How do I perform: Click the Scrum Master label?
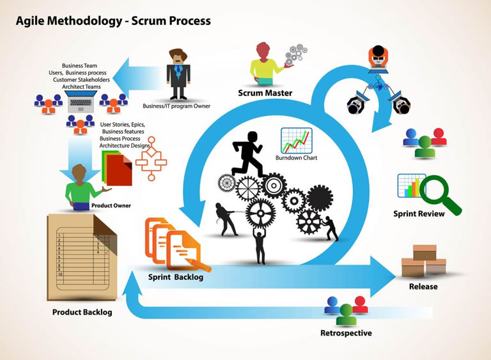click(x=265, y=93)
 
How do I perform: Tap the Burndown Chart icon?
click(x=296, y=140)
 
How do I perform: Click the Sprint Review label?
click(x=419, y=214)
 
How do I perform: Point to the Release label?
click(x=423, y=286)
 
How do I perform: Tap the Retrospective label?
click(x=346, y=333)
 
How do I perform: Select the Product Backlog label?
click(x=82, y=312)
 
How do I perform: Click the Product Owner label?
click(x=111, y=205)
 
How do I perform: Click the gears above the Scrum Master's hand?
click(x=295, y=54)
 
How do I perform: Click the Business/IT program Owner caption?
click(x=176, y=106)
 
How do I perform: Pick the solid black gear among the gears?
click(x=319, y=197)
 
